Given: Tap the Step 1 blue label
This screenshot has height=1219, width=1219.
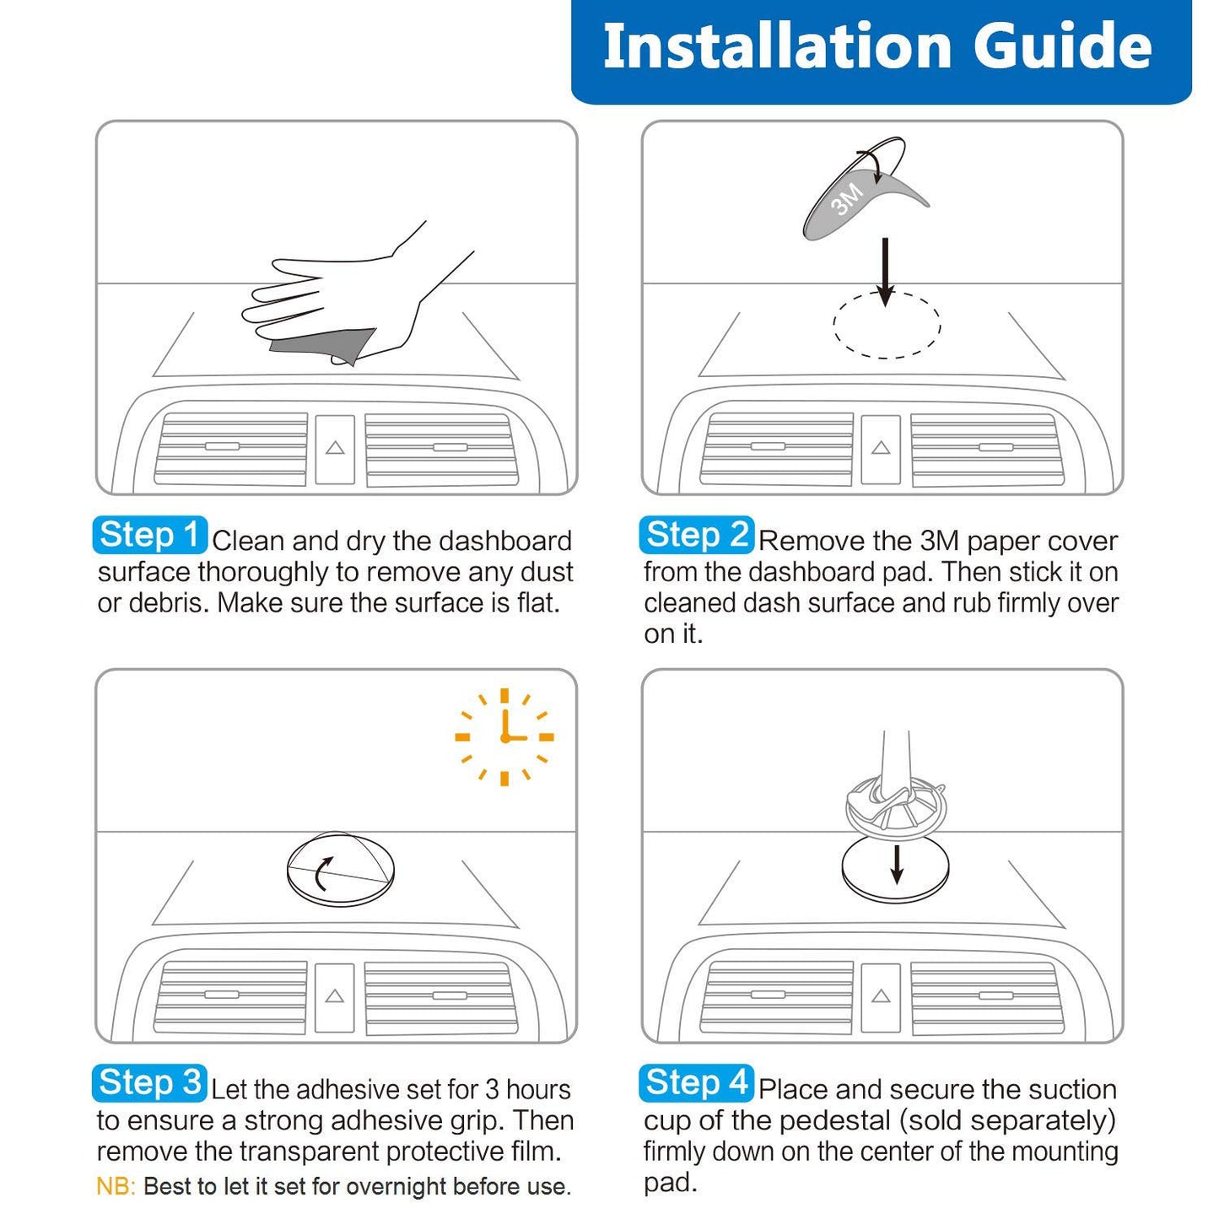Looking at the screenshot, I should click(x=149, y=535).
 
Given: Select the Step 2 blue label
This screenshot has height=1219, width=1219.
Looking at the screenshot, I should click(x=696, y=535).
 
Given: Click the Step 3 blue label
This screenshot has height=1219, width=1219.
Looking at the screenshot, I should click(x=149, y=1083).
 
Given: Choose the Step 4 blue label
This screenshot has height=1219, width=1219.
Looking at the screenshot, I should click(x=696, y=1083).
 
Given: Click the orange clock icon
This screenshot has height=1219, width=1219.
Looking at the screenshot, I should click(x=504, y=736).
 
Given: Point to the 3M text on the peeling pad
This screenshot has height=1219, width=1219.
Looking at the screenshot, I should click(x=847, y=199).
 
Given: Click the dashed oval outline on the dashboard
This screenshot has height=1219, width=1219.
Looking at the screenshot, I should click(x=886, y=326).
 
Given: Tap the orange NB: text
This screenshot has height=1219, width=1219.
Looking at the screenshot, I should click(x=116, y=1186).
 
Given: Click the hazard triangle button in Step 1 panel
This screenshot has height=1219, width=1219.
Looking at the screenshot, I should click(x=335, y=449).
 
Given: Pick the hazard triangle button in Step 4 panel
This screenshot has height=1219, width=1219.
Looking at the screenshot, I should click(x=881, y=996).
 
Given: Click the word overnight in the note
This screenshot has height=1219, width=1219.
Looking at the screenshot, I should click(x=397, y=1186).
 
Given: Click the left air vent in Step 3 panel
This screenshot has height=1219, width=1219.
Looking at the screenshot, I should click(x=230, y=996).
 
